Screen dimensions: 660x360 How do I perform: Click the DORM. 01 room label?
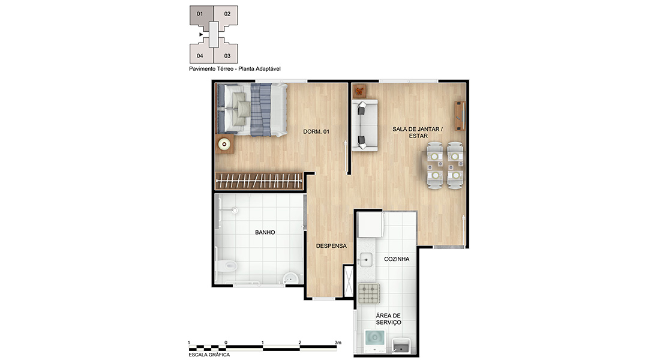pos(316,132)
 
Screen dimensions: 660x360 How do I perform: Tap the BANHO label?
pos(265,232)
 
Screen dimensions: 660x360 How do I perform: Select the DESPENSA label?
pos(331,246)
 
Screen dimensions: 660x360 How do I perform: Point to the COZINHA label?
pos(397,259)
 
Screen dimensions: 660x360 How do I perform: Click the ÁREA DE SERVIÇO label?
pos(389,319)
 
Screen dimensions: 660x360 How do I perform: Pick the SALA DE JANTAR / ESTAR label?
pos(418,132)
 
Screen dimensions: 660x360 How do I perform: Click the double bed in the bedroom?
pos(252,109)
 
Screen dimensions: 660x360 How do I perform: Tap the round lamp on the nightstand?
pos(224,144)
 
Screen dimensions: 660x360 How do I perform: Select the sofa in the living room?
pos(365,125)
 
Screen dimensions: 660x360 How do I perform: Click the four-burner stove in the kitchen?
pos(369,293)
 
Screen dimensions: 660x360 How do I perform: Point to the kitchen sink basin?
pos(365,260)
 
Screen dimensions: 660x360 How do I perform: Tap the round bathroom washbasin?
pos(290,278)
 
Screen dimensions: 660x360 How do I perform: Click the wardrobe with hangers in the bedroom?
pos(259,181)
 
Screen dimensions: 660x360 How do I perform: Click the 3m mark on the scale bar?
pos(338,343)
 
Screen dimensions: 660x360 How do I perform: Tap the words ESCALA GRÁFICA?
pos(209,355)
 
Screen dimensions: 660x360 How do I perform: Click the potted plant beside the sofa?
pos(359,91)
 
